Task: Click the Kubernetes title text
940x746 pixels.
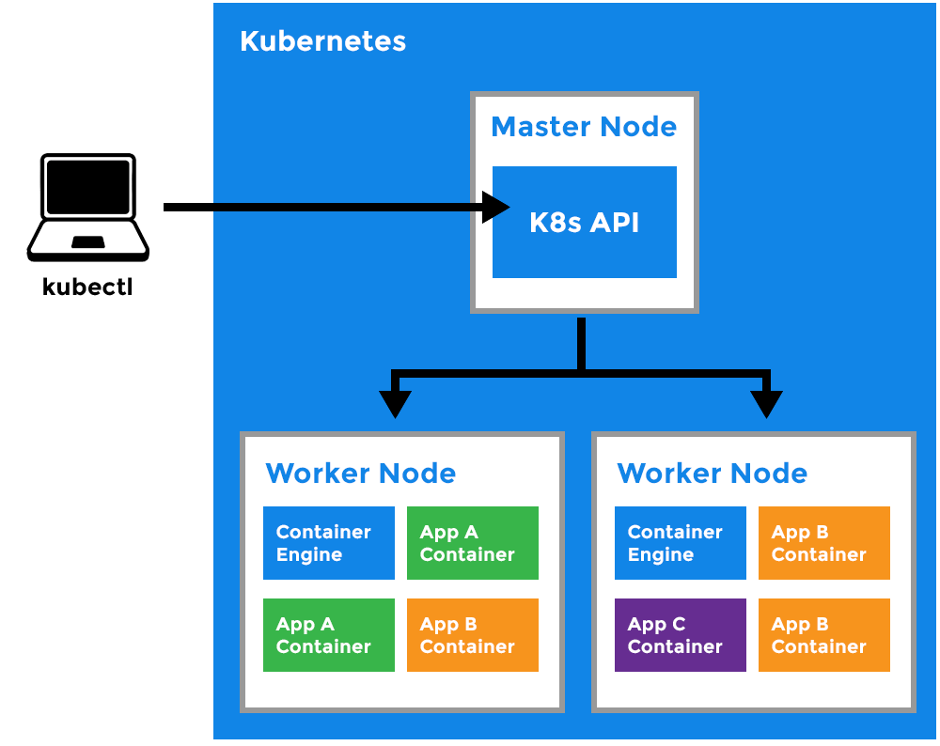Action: click(322, 41)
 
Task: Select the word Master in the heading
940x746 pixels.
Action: click(534, 127)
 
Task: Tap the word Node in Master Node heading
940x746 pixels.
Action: click(641, 127)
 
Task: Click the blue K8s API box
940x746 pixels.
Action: click(585, 254)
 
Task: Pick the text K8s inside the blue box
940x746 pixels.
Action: click(556, 223)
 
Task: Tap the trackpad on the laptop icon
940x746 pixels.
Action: click(87, 242)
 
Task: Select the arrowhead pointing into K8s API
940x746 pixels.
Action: click(495, 207)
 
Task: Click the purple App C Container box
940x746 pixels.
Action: click(680, 635)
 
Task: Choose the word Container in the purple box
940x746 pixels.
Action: click(675, 646)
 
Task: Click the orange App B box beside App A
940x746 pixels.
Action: click(472, 635)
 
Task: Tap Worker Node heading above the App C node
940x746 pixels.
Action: click(712, 473)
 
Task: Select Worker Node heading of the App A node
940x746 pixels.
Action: click(360, 473)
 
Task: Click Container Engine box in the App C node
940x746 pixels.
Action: click(680, 543)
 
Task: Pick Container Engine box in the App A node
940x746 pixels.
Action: click(328, 543)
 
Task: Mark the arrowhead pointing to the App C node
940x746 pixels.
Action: click(767, 403)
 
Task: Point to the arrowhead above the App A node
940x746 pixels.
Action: click(395, 403)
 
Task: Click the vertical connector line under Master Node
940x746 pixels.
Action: click(581, 344)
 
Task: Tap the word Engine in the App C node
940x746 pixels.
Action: click(660, 554)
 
